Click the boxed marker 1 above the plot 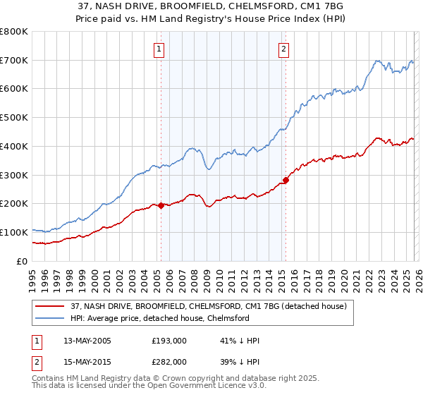pos(159,49)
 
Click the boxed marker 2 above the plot pos(283,49)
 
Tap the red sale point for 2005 pos(161,205)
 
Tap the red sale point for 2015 pos(286,180)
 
